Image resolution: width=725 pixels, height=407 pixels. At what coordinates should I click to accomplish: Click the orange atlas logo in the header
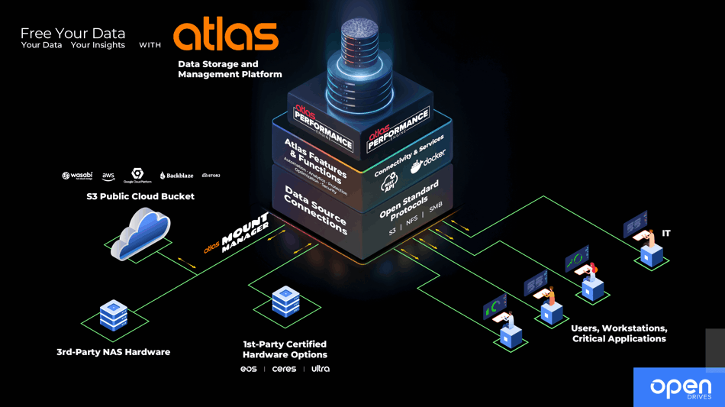[225, 35]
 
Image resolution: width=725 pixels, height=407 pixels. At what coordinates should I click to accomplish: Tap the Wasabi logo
[77, 176]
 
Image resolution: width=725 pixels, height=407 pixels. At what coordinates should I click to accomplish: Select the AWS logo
[108, 176]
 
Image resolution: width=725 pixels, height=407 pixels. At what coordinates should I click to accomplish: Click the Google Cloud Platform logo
[137, 176]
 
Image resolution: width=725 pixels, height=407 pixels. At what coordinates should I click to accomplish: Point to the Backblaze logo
[176, 176]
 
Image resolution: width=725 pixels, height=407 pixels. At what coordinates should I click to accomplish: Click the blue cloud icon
[140, 233]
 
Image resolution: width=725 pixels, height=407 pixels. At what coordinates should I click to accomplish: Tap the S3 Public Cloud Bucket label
[140, 196]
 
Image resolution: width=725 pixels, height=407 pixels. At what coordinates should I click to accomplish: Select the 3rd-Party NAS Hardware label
[113, 352]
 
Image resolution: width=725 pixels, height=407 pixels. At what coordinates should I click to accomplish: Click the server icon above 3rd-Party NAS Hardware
[114, 315]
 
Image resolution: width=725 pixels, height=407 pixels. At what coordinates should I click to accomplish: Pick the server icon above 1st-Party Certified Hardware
[285, 301]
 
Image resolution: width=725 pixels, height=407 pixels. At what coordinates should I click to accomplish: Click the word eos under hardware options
[249, 369]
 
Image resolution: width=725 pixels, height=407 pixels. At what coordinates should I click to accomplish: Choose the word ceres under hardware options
[284, 369]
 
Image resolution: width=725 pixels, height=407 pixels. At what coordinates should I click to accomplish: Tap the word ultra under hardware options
[321, 369]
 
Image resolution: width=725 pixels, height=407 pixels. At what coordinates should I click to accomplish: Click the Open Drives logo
[680, 388]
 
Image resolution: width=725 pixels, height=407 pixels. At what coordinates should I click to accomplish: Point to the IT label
[666, 233]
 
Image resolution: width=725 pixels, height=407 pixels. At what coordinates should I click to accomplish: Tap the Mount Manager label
[243, 234]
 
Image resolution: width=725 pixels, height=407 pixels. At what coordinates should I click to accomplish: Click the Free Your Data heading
[72, 34]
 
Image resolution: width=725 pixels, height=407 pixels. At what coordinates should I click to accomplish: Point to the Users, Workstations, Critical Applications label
[619, 334]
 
